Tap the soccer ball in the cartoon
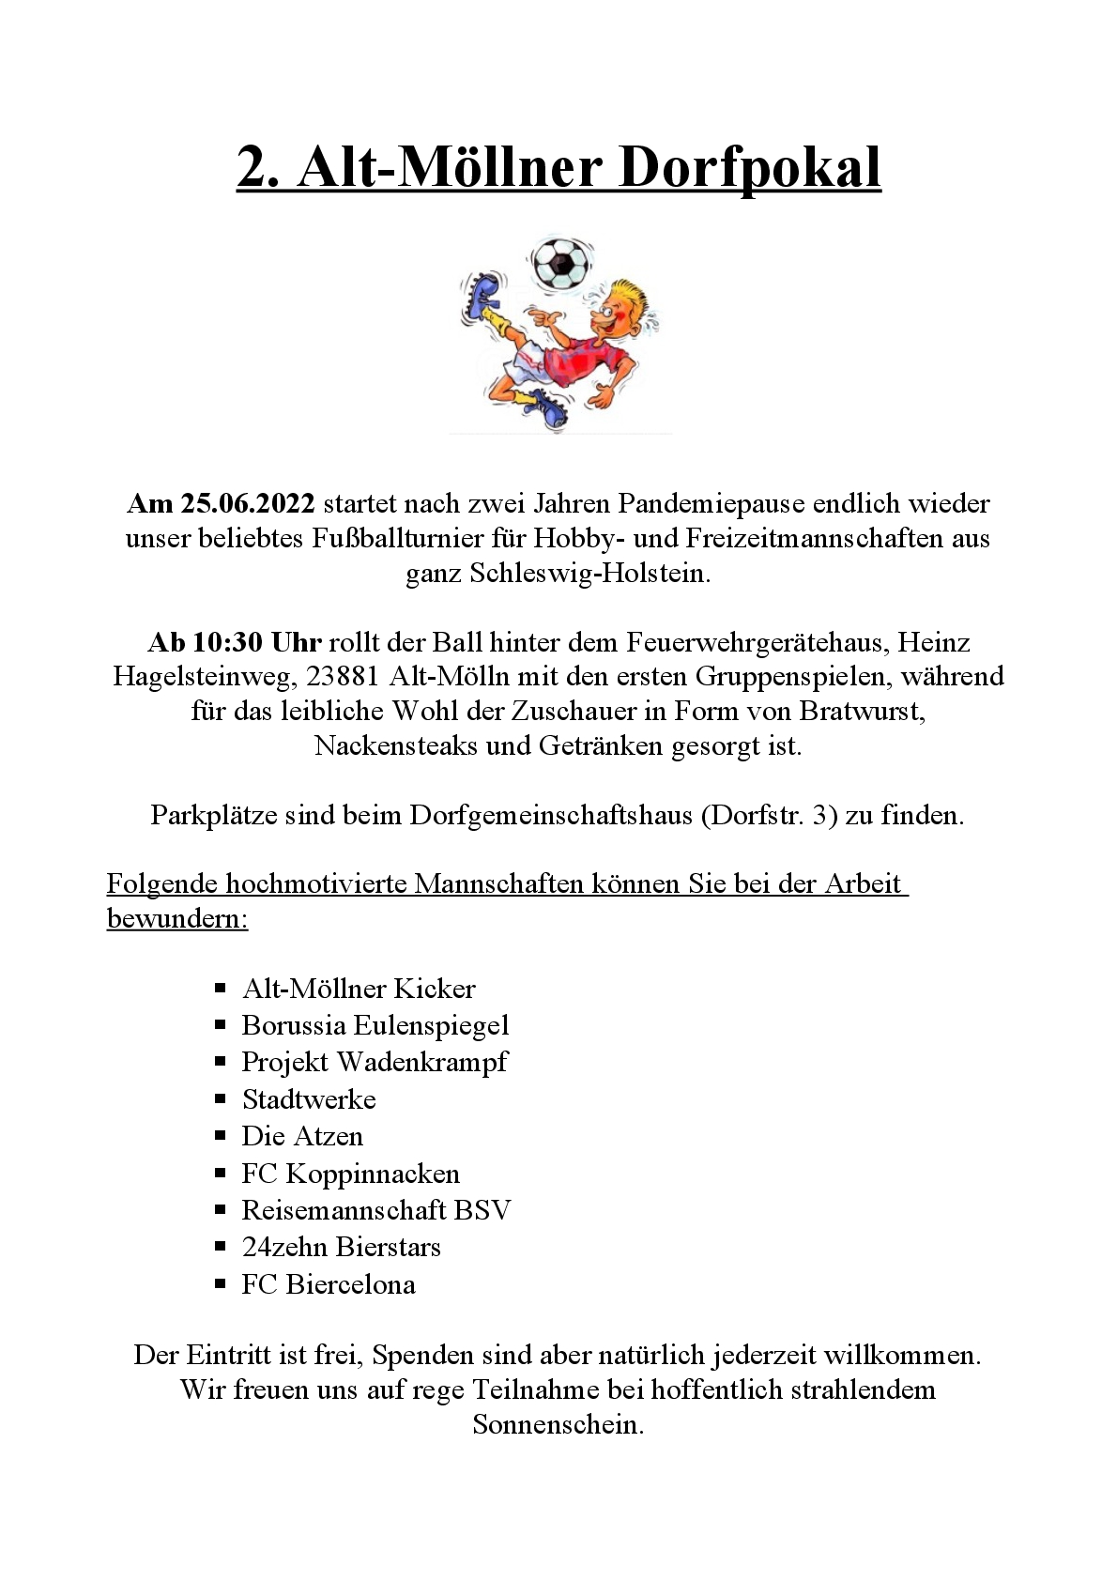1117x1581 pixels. pyautogui.click(x=561, y=262)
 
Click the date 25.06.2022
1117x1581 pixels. pyautogui.click(x=248, y=504)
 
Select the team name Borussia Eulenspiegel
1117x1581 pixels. pyautogui.click(x=375, y=1025)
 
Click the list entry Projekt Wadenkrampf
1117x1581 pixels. pyautogui.click(x=374, y=1063)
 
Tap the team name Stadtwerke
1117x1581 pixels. pyautogui.click(x=309, y=1099)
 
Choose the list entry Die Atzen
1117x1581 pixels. pyautogui.click(x=302, y=1137)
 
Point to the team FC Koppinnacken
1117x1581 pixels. pyautogui.click(x=350, y=1174)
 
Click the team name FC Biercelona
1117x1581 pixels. pyautogui.click(x=328, y=1284)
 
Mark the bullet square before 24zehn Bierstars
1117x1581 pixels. pyautogui.click(x=221, y=1247)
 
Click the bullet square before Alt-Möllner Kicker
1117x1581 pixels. pyautogui.click(x=221, y=989)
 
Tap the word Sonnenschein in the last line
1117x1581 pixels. pyautogui.click(x=558, y=1425)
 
